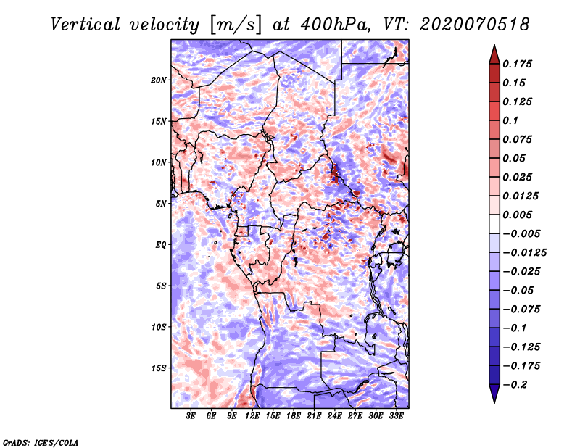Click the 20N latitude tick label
pos(159,80)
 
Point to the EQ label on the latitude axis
pos(160,244)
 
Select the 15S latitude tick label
pos(159,368)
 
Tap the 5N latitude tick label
pos(161,203)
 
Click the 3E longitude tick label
pos(191,417)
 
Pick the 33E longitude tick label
pos(397,417)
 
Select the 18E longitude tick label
pos(294,417)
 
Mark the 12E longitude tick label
pos(252,417)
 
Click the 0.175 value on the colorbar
pos(519,64)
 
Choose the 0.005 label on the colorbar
pos(519,215)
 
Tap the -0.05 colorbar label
pos(519,290)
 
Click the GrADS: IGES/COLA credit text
pos(40,441)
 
